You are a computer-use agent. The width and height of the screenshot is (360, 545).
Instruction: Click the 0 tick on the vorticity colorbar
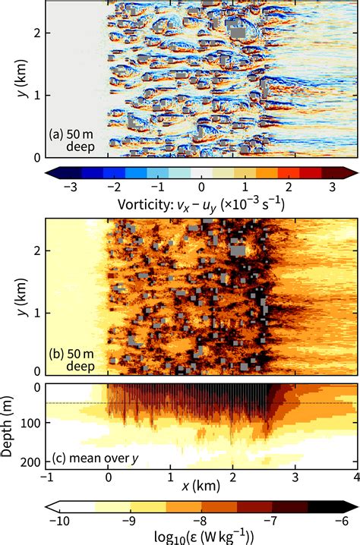201,186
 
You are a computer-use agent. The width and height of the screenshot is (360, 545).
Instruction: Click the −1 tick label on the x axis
45,477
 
